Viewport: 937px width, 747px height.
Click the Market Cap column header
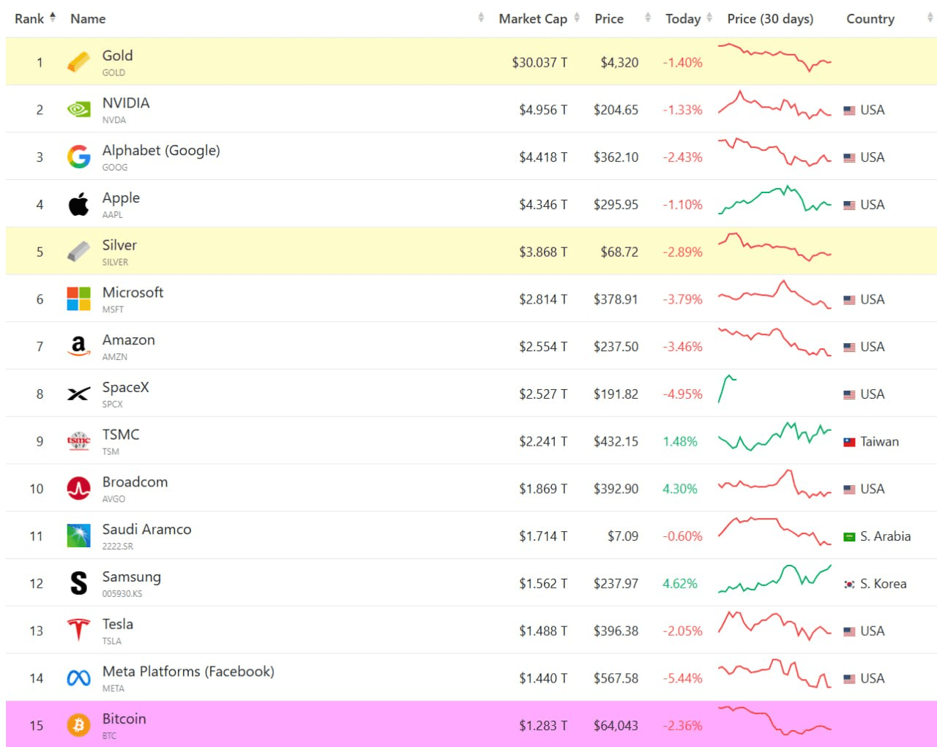[532, 19]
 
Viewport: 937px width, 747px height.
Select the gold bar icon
[79, 61]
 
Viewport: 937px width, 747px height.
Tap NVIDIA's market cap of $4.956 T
[543, 110]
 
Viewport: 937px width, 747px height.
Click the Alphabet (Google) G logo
[79, 157]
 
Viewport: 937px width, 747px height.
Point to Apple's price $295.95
[616, 204]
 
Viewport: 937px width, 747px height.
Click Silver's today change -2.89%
[682, 252]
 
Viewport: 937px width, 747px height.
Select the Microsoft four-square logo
[79, 299]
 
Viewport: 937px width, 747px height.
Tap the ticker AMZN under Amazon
[115, 357]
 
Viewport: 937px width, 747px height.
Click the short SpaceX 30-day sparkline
[727, 388]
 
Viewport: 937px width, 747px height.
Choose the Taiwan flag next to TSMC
[849, 442]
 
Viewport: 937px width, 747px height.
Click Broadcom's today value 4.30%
[679, 489]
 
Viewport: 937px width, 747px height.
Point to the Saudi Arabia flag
[849, 537]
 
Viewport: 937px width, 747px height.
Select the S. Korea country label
[883, 583]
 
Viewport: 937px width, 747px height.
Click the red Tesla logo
[79, 630]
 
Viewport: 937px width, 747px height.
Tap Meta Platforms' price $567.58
[616, 677]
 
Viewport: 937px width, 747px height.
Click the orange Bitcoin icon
[79, 725]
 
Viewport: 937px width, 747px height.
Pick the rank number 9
[40, 441]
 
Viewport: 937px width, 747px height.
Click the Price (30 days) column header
[770, 19]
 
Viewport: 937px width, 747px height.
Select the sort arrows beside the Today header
[709, 18]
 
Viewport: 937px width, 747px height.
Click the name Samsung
[132, 577]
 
